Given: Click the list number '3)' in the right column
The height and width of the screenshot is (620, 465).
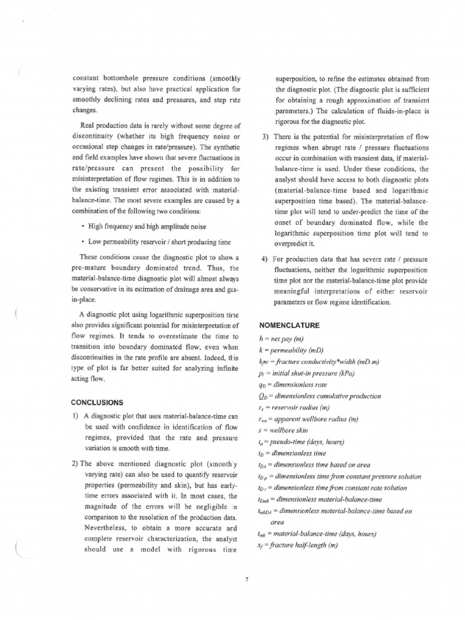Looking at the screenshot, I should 265,136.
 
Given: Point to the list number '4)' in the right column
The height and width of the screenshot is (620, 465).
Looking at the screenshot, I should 265,260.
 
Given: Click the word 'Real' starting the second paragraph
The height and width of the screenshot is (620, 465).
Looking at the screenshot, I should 90,126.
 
